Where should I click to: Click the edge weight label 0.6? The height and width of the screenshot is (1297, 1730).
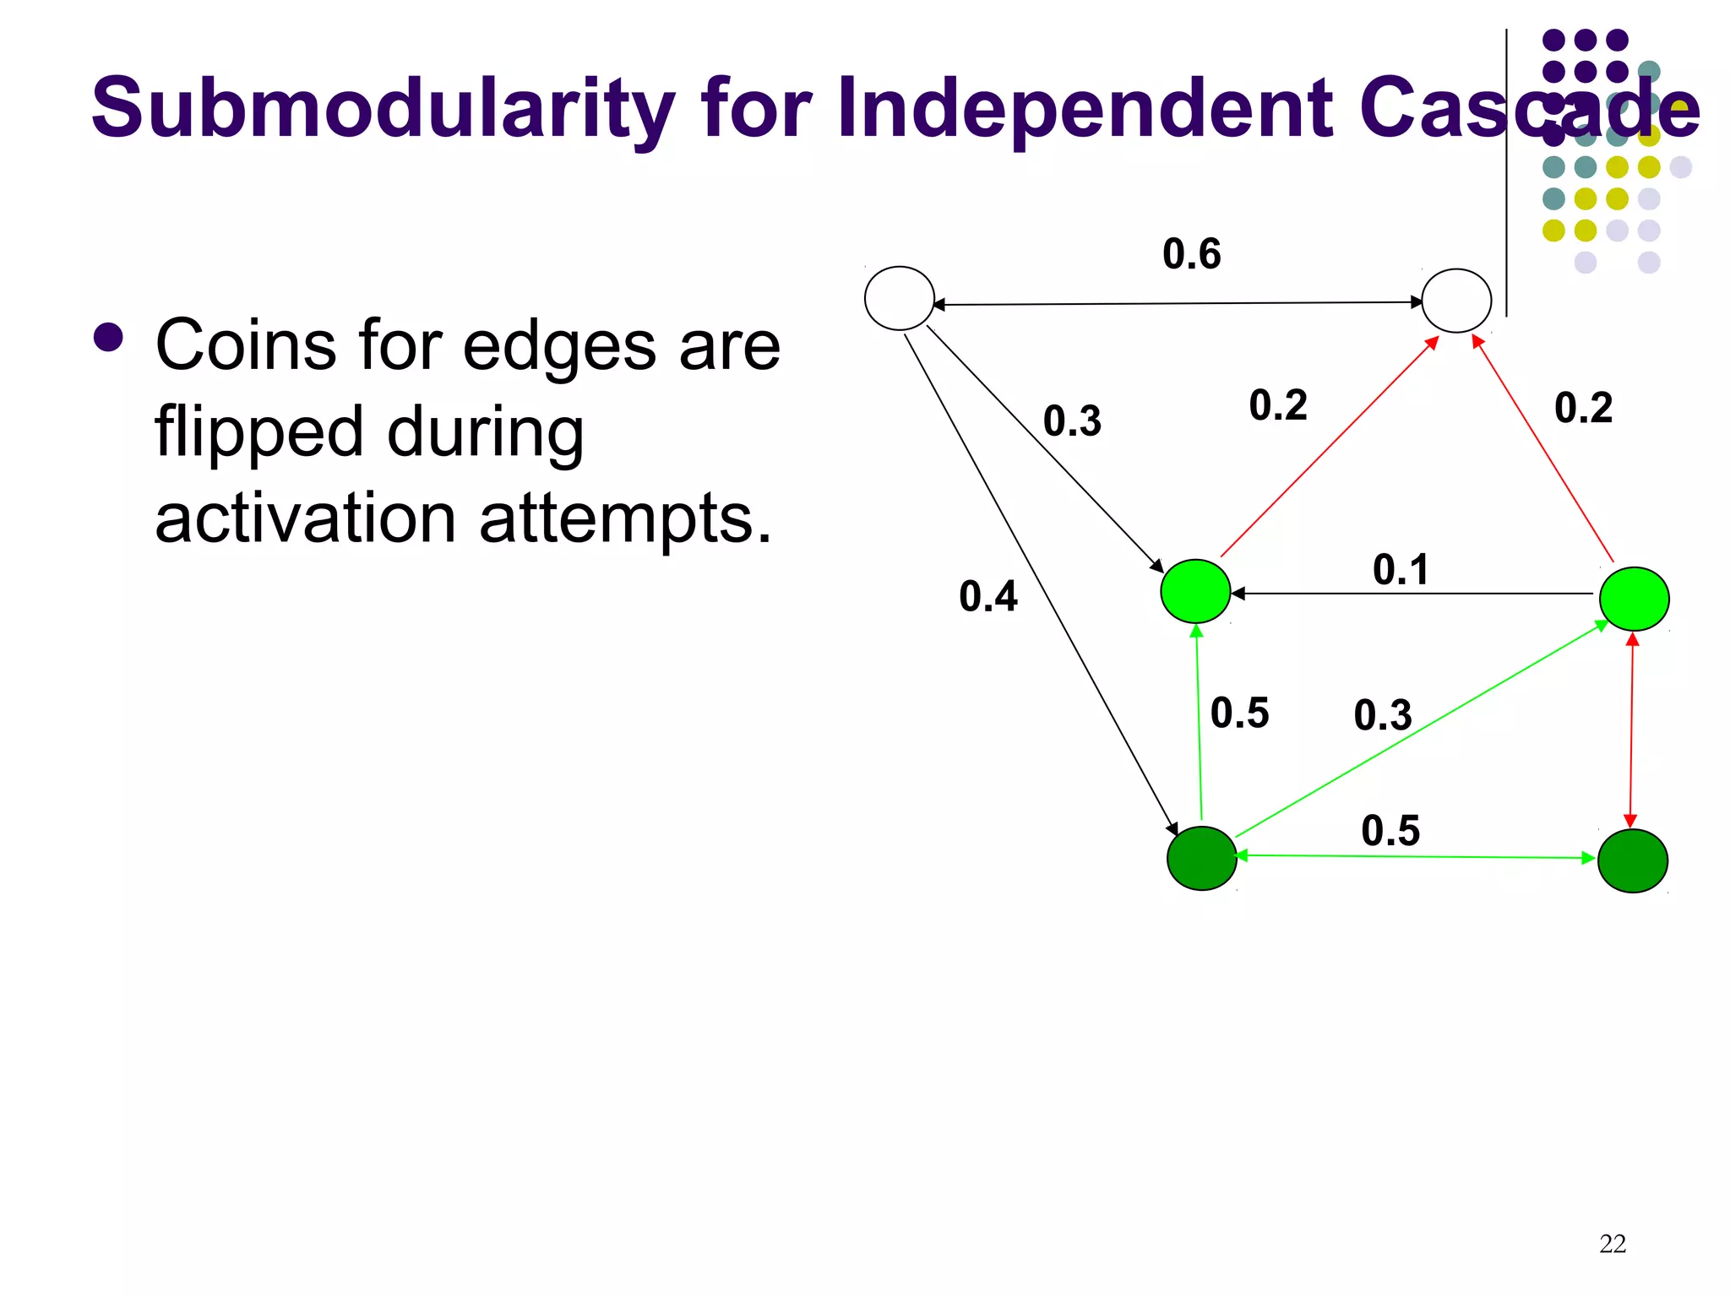pyautogui.click(x=1191, y=254)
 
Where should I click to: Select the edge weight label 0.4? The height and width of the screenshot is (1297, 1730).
pyautogui.click(x=987, y=597)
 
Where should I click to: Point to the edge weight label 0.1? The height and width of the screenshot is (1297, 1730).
pyautogui.click(x=1401, y=570)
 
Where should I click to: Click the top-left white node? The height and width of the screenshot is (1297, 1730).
pyautogui.click(x=899, y=298)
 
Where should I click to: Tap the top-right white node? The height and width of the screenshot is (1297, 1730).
pyautogui.click(x=1456, y=301)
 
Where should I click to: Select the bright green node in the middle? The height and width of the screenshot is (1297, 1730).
pyautogui.click(x=1195, y=591)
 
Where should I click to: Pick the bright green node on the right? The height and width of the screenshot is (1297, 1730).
pyautogui.click(x=1634, y=599)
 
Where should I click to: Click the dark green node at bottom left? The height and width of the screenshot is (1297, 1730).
pyautogui.click(x=1201, y=858)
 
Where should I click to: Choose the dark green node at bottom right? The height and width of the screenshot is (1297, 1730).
pyautogui.click(x=1632, y=860)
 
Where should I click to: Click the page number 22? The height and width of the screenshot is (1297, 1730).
pyautogui.click(x=1612, y=1244)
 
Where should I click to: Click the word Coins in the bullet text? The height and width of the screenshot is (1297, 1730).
pyautogui.click(x=246, y=346)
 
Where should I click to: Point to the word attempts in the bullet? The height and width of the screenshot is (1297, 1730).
pyautogui.click(x=625, y=520)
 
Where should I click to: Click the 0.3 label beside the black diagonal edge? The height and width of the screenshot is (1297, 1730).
pyautogui.click(x=1072, y=421)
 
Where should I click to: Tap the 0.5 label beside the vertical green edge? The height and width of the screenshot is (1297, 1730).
pyautogui.click(x=1239, y=714)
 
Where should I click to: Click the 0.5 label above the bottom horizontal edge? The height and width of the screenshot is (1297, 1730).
pyautogui.click(x=1390, y=831)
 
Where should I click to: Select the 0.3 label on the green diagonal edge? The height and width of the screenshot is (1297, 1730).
pyautogui.click(x=1383, y=716)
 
